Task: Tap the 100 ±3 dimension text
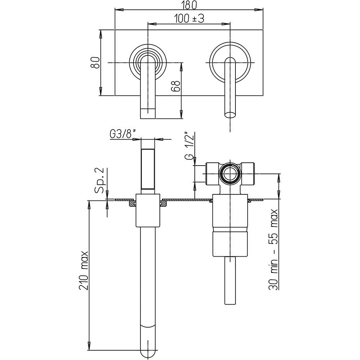coord(189,19)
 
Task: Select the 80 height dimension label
coord(95,62)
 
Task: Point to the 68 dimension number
coord(176,86)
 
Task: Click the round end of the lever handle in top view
coord(230,114)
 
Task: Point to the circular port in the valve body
coord(230,174)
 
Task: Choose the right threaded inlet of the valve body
coord(248,174)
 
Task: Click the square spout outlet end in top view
coord(148,113)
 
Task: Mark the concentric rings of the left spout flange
coord(148,62)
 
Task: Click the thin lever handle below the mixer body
coord(230,280)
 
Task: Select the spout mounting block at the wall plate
coord(148,210)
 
